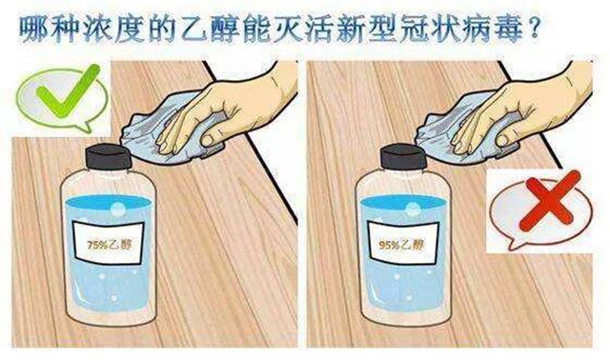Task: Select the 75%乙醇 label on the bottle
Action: click(111, 243)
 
